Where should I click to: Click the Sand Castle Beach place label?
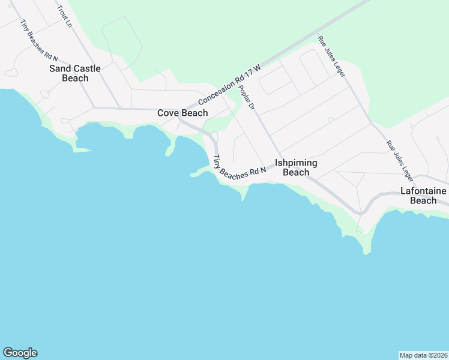pyautogui.click(x=75, y=73)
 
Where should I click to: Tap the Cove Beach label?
pyautogui.click(x=182, y=113)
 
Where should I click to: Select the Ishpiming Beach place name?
pyautogui.click(x=296, y=167)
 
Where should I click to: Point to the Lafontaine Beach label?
pyautogui.click(x=423, y=196)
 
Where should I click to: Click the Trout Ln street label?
pyautogui.click(x=64, y=17)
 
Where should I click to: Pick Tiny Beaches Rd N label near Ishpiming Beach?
pyautogui.click(x=240, y=167)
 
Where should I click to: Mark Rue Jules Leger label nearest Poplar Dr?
pyautogui.click(x=332, y=56)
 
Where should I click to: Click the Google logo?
pyautogui.click(x=20, y=353)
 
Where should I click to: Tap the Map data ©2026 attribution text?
pyautogui.click(x=424, y=355)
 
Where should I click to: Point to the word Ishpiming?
pyautogui.click(x=296, y=163)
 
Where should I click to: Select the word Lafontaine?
pyautogui.click(x=423, y=191)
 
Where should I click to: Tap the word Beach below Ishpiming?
pyautogui.click(x=296, y=173)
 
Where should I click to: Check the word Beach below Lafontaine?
pyautogui.click(x=423, y=200)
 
